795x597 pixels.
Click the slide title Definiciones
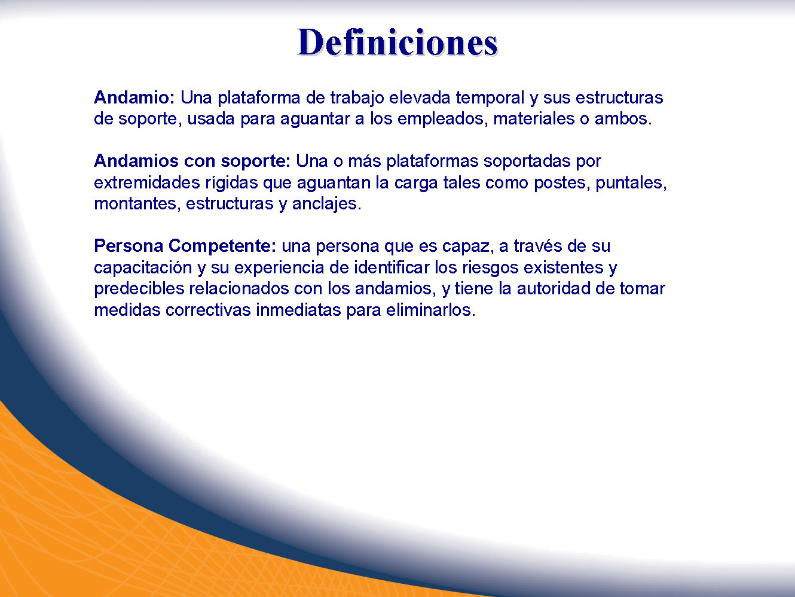398,43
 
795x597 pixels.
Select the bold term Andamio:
134,98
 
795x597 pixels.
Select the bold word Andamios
136,161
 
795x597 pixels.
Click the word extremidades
146,182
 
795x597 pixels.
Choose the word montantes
134,204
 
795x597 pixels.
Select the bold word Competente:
222,246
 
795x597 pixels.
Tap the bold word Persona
129,246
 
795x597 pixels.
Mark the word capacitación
143,268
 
